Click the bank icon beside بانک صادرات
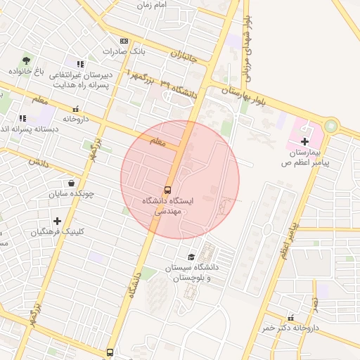(124, 41)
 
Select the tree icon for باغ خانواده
(27, 60)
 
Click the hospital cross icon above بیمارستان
(304, 141)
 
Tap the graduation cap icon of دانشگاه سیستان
(191, 257)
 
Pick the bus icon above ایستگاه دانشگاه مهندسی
(167, 190)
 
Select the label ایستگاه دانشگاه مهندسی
(162, 206)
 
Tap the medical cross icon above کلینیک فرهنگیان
(57, 221)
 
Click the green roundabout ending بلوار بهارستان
(330, 127)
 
